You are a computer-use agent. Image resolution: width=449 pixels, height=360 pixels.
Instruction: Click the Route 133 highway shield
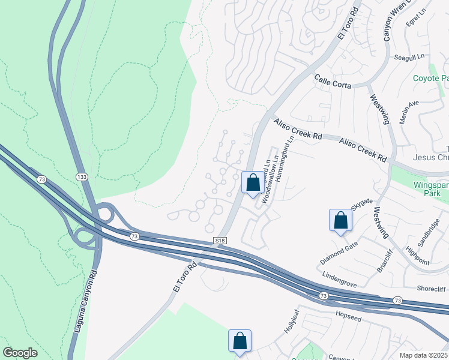[82, 176]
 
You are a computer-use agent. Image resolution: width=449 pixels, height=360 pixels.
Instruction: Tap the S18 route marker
[220, 240]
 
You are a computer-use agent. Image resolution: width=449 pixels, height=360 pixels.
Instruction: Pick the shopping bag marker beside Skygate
[340, 220]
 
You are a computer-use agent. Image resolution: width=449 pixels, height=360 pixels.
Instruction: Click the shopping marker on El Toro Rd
[253, 182]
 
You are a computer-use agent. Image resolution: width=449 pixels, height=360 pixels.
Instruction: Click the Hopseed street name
[349, 314]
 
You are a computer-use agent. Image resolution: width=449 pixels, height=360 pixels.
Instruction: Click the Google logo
[20, 353]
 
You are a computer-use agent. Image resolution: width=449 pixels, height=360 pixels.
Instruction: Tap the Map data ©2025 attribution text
[423, 355]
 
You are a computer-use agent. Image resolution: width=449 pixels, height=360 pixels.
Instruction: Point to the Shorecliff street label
[431, 289]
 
